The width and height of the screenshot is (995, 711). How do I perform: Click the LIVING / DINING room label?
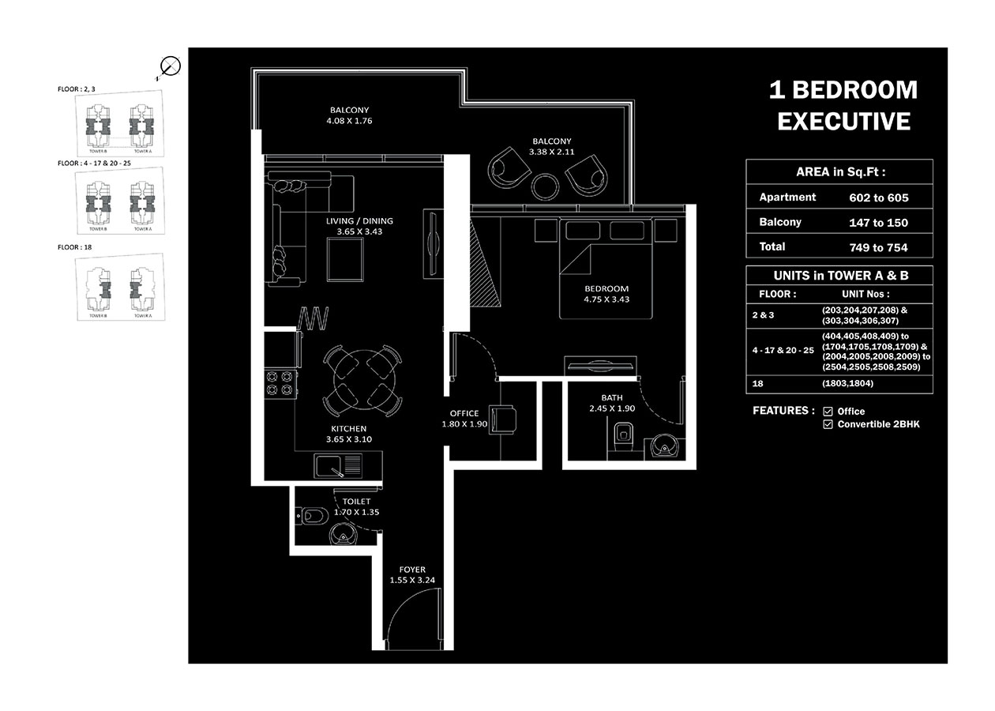359,226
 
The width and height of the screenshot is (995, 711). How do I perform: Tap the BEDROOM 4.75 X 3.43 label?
606,294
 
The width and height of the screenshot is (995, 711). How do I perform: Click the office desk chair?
502,419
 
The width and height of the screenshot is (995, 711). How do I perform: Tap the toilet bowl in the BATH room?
623,437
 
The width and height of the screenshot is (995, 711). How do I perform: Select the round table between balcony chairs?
546,186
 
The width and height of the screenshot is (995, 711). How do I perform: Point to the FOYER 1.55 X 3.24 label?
412,574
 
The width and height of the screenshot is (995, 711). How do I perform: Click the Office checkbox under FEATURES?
828,412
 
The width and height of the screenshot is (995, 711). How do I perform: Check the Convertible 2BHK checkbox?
828,424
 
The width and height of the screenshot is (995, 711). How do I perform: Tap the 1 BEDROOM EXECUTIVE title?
843,105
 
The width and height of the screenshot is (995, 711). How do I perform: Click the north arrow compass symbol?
170,67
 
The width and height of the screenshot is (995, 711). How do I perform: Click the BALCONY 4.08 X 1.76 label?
349,115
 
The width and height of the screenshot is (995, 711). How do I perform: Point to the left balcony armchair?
507,167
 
